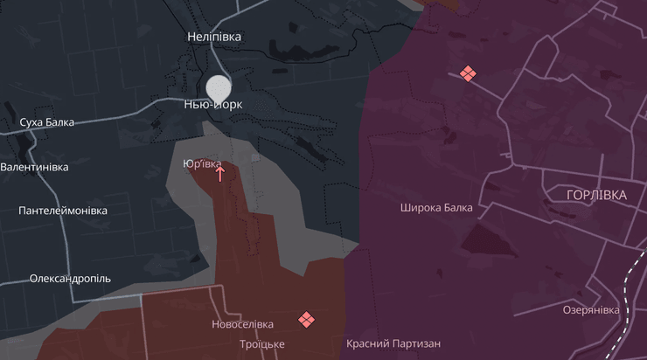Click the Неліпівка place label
point(214,37)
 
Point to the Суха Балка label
point(47,122)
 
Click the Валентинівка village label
point(34,167)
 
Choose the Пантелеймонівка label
point(63,211)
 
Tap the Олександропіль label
point(70,278)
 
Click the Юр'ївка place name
point(202,163)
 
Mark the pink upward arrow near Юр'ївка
point(219,173)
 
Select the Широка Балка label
point(436,208)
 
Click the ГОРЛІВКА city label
point(596,195)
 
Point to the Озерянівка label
point(591,310)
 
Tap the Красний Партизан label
point(393,344)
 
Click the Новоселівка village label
point(242,324)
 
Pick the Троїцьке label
point(261,344)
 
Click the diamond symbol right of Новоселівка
point(306,320)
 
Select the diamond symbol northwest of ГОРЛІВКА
point(468,74)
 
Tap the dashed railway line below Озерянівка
point(627,336)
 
